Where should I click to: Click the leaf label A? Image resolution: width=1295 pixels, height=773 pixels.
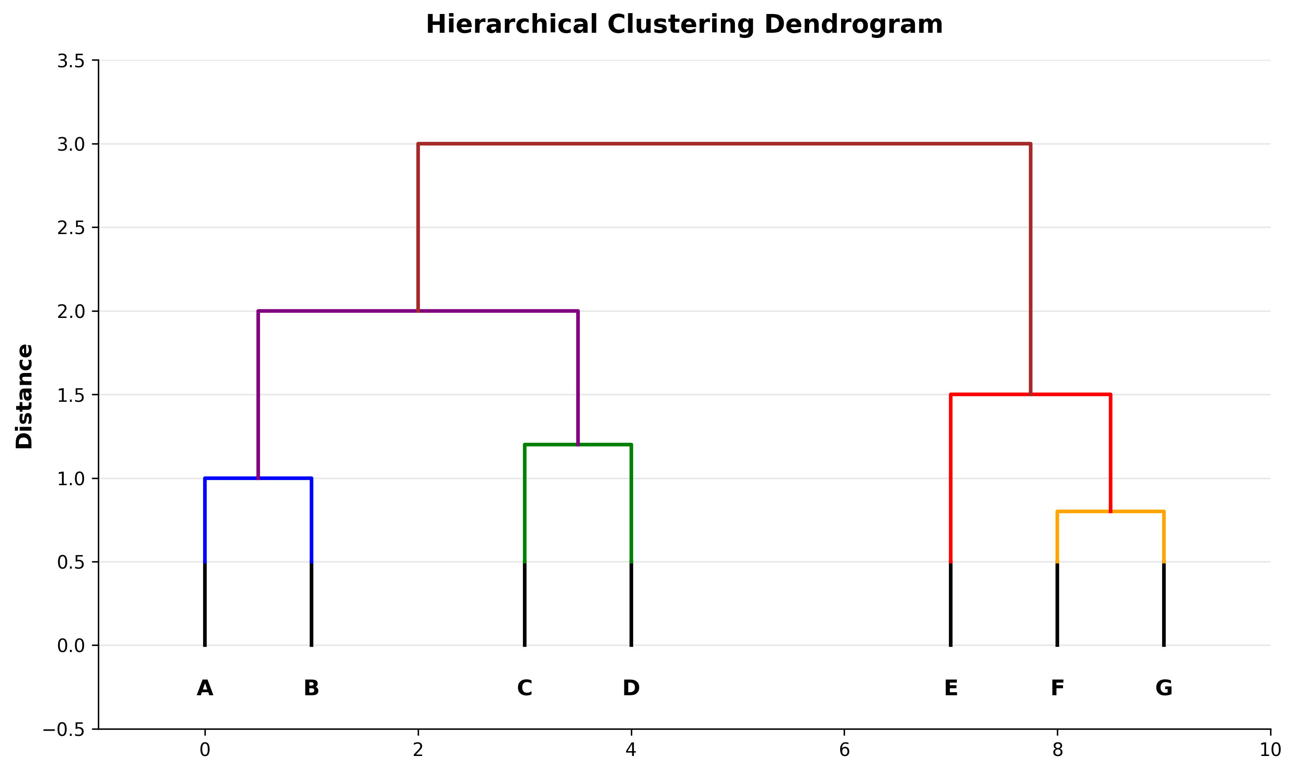205,688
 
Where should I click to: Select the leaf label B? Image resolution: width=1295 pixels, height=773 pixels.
311,688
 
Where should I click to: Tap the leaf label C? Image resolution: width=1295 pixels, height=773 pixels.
524,688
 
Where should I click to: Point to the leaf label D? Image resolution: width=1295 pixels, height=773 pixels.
631,688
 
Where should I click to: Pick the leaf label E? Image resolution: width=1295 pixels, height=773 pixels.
951,688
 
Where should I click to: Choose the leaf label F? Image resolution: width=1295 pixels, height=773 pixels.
1057,688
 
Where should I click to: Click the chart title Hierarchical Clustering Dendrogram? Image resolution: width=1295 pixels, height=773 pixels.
684,24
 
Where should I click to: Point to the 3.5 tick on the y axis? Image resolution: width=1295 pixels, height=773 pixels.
71,62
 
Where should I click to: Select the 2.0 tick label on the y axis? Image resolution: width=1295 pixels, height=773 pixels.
71,312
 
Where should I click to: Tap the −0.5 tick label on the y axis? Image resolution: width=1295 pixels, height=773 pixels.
64,730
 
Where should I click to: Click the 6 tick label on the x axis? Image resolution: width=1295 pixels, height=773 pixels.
844,750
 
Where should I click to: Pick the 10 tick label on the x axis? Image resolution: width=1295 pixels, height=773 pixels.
1270,750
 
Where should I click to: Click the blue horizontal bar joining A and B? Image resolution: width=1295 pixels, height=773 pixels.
258,478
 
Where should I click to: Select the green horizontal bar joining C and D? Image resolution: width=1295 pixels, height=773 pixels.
578,445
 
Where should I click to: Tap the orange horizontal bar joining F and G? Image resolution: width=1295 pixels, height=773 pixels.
1111,511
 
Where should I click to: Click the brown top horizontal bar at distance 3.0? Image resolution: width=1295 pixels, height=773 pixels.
724,144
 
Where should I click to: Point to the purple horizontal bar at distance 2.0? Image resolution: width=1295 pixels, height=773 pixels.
418,311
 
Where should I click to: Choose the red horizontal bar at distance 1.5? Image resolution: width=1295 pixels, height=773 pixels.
1030,395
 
